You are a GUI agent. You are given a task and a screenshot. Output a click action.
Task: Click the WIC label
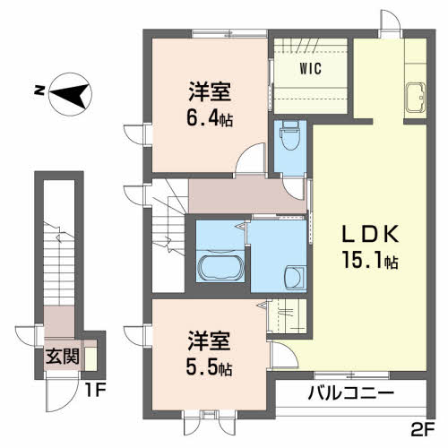click(311, 68)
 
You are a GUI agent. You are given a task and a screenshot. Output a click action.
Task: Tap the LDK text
click(370, 234)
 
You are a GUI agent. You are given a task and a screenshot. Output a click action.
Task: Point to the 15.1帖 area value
click(370, 260)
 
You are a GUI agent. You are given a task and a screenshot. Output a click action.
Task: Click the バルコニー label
click(351, 393)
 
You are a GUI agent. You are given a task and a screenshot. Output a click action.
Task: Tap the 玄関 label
click(62, 356)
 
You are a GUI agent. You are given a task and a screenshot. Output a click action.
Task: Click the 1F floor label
click(95, 391)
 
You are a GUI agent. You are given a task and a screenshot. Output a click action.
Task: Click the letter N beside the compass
click(39, 90)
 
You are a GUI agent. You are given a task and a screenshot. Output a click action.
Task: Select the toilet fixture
click(290, 135)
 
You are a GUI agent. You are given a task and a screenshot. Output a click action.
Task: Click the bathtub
click(220, 268)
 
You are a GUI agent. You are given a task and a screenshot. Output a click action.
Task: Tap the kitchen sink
click(415, 98)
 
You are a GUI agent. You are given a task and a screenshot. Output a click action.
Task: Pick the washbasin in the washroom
click(294, 278)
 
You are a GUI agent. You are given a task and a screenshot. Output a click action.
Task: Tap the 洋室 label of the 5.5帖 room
click(209, 341)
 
